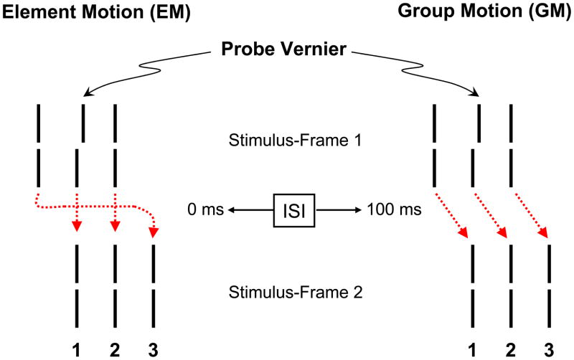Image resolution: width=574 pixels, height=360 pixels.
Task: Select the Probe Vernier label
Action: click(x=286, y=51)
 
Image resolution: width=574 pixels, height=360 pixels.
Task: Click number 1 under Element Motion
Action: click(x=77, y=349)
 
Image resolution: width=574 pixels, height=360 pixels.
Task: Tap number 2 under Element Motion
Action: click(x=115, y=349)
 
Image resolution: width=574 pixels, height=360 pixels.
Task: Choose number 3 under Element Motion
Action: click(x=152, y=349)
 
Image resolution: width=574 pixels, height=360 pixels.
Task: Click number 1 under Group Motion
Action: click(x=472, y=349)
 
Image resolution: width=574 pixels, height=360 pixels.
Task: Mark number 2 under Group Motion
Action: click(x=510, y=349)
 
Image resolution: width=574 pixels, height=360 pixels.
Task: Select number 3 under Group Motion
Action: click(x=548, y=349)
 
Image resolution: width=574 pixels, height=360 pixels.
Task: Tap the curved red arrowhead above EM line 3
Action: click(x=153, y=231)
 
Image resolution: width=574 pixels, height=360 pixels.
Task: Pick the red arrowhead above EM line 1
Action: click(x=77, y=227)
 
